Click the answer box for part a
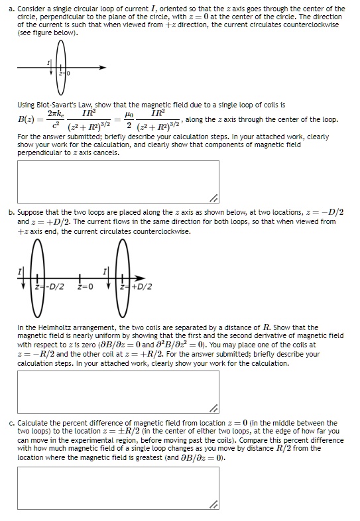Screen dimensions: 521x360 tap(118, 182)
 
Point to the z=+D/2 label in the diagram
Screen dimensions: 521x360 tap(139, 286)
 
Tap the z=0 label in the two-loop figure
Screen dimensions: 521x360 tap(86, 286)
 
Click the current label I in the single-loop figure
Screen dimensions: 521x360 tap(47, 62)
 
